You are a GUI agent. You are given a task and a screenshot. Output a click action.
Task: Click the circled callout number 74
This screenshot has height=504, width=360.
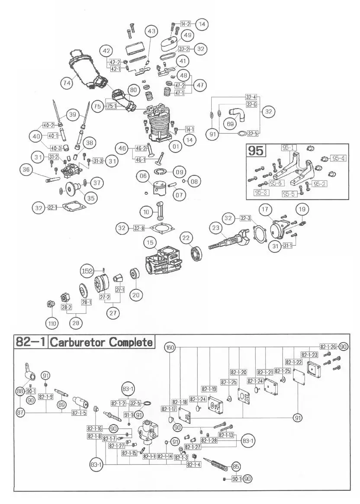(66, 83)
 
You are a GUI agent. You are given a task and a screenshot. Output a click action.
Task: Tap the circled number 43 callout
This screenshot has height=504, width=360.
(151, 31)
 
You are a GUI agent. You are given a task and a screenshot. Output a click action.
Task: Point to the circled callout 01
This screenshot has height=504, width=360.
(175, 147)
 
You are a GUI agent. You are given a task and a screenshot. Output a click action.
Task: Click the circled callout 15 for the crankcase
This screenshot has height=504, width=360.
(150, 244)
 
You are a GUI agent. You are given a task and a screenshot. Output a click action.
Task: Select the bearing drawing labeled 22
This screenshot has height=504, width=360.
(197, 253)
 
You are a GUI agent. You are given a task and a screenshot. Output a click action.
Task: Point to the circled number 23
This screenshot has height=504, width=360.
(216, 227)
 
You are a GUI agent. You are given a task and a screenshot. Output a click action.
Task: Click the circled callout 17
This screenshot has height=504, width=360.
(265, 210)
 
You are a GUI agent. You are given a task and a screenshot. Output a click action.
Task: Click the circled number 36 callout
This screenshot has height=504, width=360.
(27, 170)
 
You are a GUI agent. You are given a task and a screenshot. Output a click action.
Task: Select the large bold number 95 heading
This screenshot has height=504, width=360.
(255, 151)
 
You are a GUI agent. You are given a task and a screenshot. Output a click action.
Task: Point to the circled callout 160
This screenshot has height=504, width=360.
(170, 347)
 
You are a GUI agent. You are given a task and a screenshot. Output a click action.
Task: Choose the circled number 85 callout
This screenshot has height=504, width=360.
(235, 466)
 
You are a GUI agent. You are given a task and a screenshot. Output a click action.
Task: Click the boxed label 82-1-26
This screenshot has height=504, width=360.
(329, 347)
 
